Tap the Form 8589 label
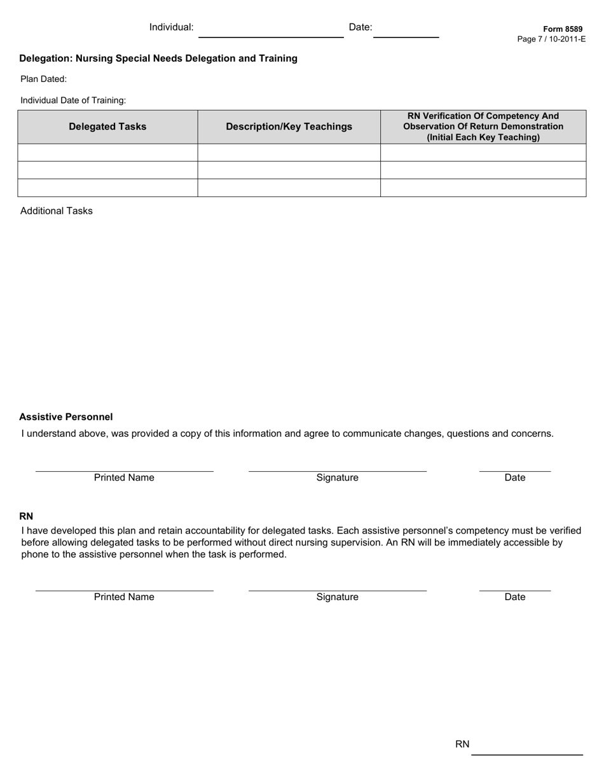563,29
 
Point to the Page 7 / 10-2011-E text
551,39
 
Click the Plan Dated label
44,79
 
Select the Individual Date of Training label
73,100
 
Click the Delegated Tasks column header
107,127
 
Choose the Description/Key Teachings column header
289,127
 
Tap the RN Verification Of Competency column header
483,127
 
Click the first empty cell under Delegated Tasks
107,153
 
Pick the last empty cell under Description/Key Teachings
289,188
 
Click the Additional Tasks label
56,211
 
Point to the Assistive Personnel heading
66,417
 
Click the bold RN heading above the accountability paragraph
26,516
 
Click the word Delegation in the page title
45,58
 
